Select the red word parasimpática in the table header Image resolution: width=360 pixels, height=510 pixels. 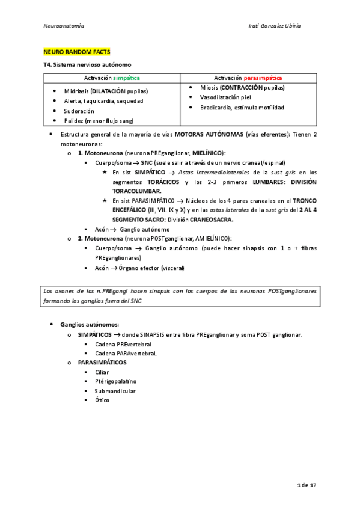click(x=263, y=78)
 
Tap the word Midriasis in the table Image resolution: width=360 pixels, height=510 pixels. click(x=76, y=91)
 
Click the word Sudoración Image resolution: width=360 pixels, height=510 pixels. click(x=79, y=111)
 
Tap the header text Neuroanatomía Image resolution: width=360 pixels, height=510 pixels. click(x=64, y=26)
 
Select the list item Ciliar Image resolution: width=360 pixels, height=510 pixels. click(x=102, y=372)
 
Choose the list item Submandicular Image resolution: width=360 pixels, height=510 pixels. click(x=115, y=391)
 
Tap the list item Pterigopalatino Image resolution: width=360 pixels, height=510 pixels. click(x=115, y=381)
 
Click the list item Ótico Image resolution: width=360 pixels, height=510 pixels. click(x=102, y=400)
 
